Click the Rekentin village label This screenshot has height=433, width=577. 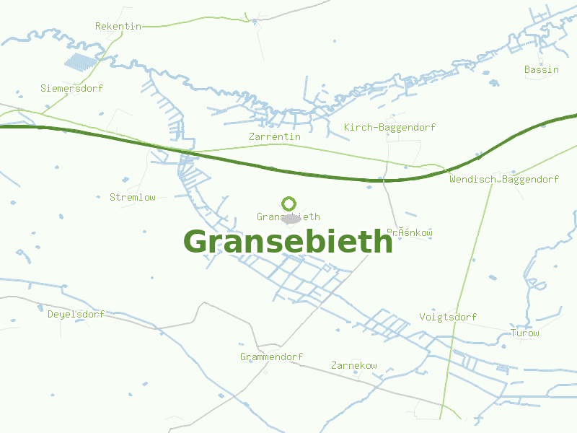coord(118,26)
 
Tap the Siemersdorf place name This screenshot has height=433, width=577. coord(71,88)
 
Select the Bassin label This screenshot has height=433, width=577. coord(541,69)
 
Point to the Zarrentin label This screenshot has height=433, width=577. coord(274,136)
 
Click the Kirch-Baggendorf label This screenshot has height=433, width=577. coord(389,128)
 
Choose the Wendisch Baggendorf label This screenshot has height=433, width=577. coord(503,179)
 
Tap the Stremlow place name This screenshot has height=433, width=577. coord(132,197)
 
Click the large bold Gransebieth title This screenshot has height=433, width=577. coord(288,242)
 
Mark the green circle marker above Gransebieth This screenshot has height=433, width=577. coord(288,204)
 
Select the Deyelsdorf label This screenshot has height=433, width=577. coord(76,314)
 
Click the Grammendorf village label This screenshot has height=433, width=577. coord(271,357)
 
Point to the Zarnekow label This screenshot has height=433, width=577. coord(353,365)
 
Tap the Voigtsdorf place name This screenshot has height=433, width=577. coord(448,317)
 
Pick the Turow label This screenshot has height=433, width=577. coord(524,333)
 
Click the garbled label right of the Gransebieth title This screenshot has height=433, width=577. coord(410,232)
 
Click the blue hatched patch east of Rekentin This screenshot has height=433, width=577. coord(80,61)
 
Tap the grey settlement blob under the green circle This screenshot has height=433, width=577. coord(291,218)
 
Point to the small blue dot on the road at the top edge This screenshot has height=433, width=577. coord(255,22)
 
